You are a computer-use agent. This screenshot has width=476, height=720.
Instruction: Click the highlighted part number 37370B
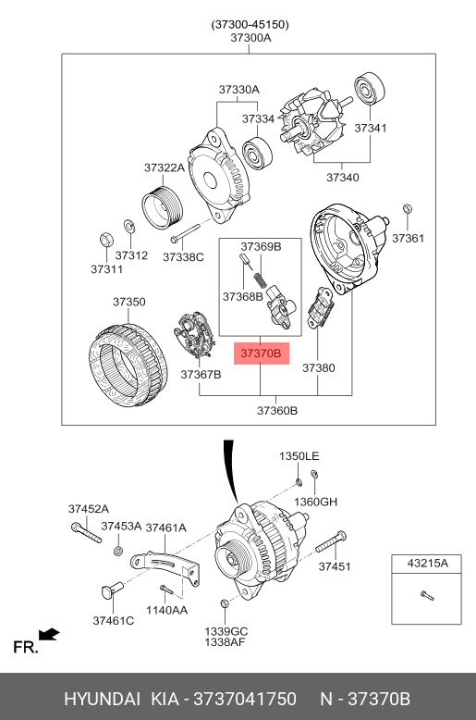pyautogui.click(x=261, y=354)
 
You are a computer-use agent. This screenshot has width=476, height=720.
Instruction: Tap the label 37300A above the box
pyautogui.click(x=250, y=38)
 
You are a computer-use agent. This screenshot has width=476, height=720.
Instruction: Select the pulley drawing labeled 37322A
pyautogui.click(x=163, y=207)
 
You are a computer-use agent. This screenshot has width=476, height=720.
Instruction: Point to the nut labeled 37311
pyautogui.click(x=107, y=240)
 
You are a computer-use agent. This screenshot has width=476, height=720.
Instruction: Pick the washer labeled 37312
pyautogui.click(x=128, y=226)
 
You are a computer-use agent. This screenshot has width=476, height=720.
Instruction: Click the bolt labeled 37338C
pyautogui.click(x=185, y=233)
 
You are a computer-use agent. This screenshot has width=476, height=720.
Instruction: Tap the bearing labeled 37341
pyautogui.click(x=369, y=88)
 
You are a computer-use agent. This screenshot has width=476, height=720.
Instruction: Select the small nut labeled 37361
pyautogui.click(x=408, y=209)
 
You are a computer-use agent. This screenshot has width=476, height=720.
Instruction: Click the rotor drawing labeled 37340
pyautogui.click(x=316, y=121)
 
